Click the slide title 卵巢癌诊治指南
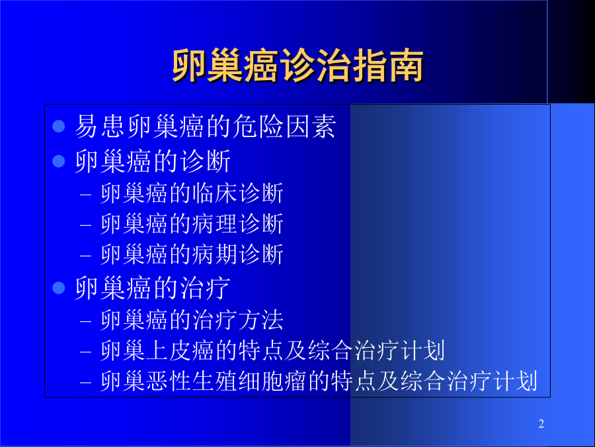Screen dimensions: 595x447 [x=298, y=66]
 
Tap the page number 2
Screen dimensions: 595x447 [x=541, y=423]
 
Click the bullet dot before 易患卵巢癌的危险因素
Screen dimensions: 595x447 [x=59, y=126]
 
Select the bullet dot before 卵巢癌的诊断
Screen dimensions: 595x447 [x=59, y=161]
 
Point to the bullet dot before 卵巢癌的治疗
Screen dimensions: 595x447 [x=59, y=288]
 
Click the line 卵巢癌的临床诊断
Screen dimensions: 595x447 [x=192, y=193]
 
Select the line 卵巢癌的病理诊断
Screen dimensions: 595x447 [x=192, y=224]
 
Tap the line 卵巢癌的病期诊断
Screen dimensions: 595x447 [x=192, y=254]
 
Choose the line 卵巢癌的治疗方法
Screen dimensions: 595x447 [x=192, y=320]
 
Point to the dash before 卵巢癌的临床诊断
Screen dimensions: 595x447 [x=86, y=195]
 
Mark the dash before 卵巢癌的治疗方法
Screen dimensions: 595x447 [x=86, y=322]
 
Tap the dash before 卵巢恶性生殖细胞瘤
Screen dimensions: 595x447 [x=86, y=383]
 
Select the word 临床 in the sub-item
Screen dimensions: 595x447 [x=214, y=193]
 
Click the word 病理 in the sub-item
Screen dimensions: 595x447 [x=214, y=224]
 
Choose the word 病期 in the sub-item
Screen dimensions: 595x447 [x=214, y=254]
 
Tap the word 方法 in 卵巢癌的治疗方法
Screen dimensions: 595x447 [x=260, y=320]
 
